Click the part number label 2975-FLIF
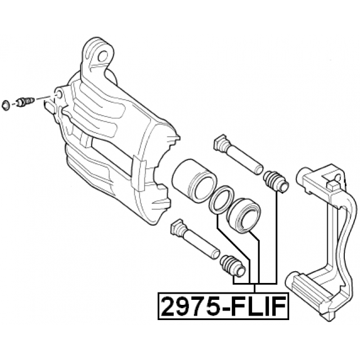click(223, 306)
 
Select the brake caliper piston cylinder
click(194, 181)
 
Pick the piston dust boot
click(244, 214)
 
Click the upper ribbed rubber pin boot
click(276, 181)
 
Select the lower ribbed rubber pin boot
click(232, 265)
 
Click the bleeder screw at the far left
click(25, 101)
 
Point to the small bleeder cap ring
click(6, 105)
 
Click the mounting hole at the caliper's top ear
click(102, 56)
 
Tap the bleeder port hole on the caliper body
click(58, 94)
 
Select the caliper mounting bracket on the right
click(321, 242)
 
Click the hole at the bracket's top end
click(338, 178)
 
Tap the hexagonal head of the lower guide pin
click(176, 227)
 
